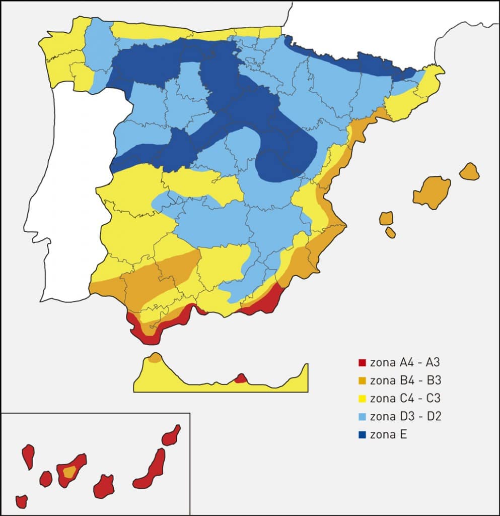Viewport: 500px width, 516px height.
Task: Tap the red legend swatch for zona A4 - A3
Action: tap(362, 362)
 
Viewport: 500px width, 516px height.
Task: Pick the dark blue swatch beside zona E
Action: tap(362, 435)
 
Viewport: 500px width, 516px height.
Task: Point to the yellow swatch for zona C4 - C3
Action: tap(362, 399)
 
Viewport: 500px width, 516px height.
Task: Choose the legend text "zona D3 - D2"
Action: tap(405, 416)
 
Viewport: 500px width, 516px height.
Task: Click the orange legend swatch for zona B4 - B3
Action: tap(362, 380)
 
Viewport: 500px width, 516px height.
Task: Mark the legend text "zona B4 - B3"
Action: tap(405, 380)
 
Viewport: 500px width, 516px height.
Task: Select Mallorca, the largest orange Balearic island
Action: tap(432, 191)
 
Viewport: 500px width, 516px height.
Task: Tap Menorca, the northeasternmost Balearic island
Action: tap(469, 171)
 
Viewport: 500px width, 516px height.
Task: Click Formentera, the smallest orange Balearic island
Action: tap(390, 232)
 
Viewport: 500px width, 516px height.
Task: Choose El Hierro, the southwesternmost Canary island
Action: tap(21, 501)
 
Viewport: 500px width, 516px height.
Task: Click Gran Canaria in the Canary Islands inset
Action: tap(104, 486)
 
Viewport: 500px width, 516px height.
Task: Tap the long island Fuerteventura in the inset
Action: tap(152, 470)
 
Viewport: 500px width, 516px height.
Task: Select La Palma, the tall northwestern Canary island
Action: tap(28, 456)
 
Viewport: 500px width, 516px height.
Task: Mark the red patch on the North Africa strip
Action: tap(241, 378)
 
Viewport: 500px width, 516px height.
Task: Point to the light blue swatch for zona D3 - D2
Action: tap(362, 417)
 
